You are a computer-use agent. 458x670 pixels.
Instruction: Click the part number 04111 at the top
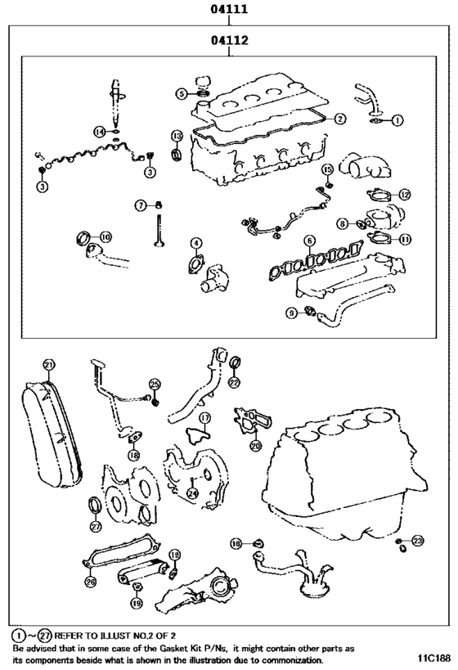coord(229,10)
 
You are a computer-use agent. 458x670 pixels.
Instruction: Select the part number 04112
coord(229,38)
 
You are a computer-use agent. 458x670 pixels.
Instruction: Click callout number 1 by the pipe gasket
coord(398,119)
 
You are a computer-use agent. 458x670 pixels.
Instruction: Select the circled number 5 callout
coord(181,94)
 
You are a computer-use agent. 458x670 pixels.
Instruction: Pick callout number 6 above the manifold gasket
coord(309,241)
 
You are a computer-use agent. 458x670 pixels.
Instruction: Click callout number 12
coord(405,195)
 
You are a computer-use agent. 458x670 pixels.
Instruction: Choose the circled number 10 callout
coord(106,236)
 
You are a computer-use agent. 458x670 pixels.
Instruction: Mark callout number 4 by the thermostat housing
coord(196,243)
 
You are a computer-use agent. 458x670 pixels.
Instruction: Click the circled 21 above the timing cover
coord(49,364)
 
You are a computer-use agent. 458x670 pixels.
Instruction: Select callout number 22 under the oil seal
coord(234,382)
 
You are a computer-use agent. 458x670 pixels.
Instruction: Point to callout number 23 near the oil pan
coord(418,542)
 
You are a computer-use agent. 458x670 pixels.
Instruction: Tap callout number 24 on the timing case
coord(192,493)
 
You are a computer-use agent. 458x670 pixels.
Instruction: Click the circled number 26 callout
coord(90,582)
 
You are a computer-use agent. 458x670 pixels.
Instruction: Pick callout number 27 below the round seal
coord(96,527)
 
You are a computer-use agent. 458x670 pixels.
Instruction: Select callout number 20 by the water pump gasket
coord(255,446)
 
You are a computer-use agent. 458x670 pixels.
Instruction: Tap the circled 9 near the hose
coord(291,312)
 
